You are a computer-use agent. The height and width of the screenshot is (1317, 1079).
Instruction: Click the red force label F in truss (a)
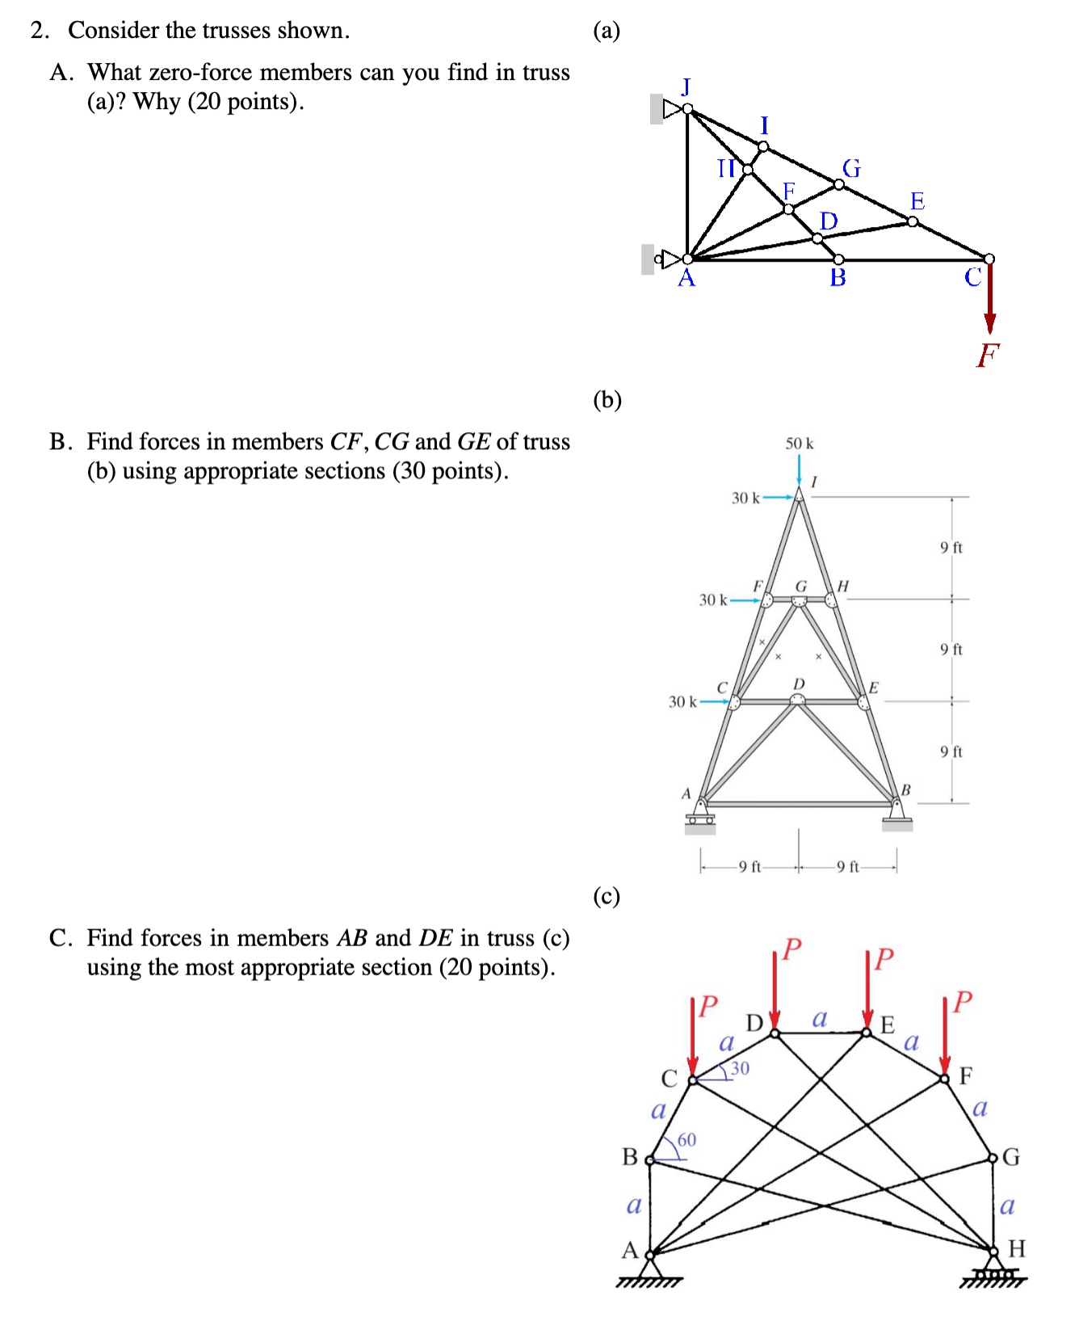(988, 354)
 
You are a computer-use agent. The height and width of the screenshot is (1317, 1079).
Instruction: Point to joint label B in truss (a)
(838, 279)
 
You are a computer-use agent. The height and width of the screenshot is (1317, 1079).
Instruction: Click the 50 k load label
(800, 444)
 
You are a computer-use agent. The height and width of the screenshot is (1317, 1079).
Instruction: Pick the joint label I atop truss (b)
(814, 482)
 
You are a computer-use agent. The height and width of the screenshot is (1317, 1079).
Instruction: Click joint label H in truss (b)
(843, 585)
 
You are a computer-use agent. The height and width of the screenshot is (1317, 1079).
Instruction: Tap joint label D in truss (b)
(799, 684)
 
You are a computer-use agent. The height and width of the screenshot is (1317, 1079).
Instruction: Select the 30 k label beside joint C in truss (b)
(682, 701)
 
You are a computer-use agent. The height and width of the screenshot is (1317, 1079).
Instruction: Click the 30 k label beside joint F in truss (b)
(713, 600)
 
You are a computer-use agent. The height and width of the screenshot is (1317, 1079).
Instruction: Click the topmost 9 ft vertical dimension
(951, 548)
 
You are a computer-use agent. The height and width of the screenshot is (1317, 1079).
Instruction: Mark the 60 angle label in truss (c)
(686, 1140)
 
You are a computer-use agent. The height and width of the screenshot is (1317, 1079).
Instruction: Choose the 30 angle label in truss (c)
(740, 1068)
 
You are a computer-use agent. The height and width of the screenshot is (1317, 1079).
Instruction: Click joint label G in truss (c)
(1011, 1158)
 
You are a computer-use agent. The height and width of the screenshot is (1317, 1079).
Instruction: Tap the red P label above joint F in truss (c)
(963, 1002)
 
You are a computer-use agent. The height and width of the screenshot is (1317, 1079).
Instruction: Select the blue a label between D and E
(820, 1019)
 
